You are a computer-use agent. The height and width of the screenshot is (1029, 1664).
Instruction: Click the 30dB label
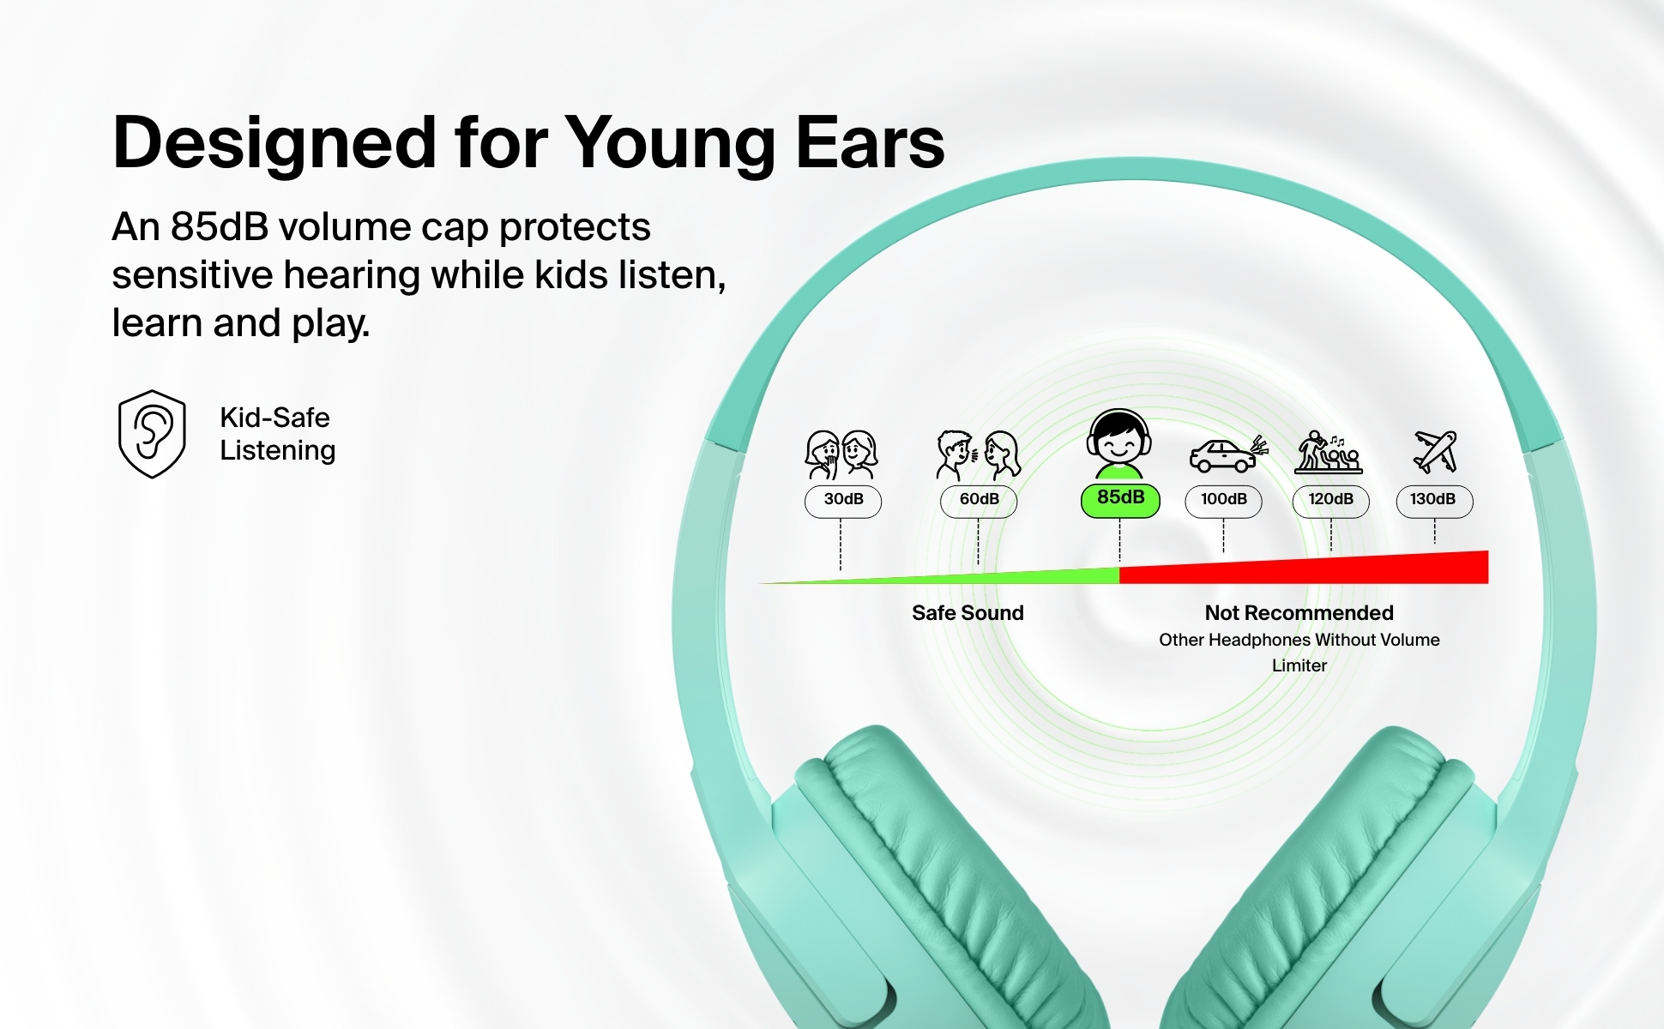coord(843,501)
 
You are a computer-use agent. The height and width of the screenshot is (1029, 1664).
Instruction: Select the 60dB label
coord(979,501)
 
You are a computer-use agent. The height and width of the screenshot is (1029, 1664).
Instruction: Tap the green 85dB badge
coord(1120,500)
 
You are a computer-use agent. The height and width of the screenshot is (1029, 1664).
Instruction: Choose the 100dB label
coord(1223,501)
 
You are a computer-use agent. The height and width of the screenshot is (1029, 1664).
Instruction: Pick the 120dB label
coord(1330,501)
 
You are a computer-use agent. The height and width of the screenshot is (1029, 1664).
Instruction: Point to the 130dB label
coord(1434,501)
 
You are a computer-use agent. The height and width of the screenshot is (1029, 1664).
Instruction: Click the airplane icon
coord(1435,452)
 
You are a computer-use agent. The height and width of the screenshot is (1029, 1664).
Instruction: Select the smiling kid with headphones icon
coord(1118,443)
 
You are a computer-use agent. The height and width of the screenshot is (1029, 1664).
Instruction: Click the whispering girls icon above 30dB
coord(841,454)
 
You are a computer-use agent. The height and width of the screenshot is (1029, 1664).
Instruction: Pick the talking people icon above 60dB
coord(979,454)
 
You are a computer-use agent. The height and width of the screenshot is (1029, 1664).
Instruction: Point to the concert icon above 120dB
coord(1329,452)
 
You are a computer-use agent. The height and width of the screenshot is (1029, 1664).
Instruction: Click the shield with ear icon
coord(152,434)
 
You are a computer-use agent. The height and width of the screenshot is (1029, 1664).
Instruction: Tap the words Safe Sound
coord(968,613)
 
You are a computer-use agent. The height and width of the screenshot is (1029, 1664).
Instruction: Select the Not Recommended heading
coord(1299,613)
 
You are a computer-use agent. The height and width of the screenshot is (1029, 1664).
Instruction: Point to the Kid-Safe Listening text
coord(277,434)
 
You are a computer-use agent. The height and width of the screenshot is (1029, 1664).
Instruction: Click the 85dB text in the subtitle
coord(219,227)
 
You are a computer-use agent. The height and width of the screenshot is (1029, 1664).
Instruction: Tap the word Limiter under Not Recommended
coord(1299,665)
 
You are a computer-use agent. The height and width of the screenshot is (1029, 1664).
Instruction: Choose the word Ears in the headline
coord(870,141)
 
